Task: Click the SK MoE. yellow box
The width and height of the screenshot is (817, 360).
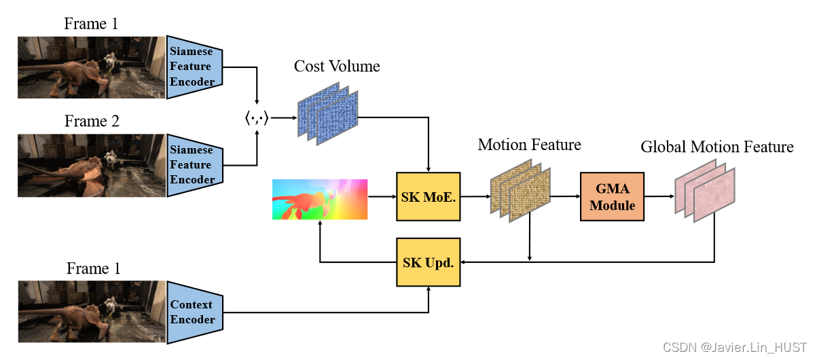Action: coord(428,196)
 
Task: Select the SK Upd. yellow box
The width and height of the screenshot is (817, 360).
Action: coord(428,262)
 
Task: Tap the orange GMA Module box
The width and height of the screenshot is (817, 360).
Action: coord(612,196)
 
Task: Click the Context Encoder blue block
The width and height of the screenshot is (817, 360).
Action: coord(194,312)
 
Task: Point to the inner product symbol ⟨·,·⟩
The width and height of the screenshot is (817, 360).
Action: coord(257,119)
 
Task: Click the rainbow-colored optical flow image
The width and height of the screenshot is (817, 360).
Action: coord(319,199)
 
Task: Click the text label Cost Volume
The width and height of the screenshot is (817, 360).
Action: coord(337,66)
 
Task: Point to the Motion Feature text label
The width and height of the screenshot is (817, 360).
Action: coord(529,145)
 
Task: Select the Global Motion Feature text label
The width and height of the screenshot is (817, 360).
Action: coord(717,147)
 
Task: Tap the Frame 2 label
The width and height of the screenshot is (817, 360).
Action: coord(92,122)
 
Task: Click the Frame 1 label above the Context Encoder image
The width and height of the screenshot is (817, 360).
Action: coord(93,269)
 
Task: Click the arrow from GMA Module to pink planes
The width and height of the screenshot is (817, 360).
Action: coord(658,196)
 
